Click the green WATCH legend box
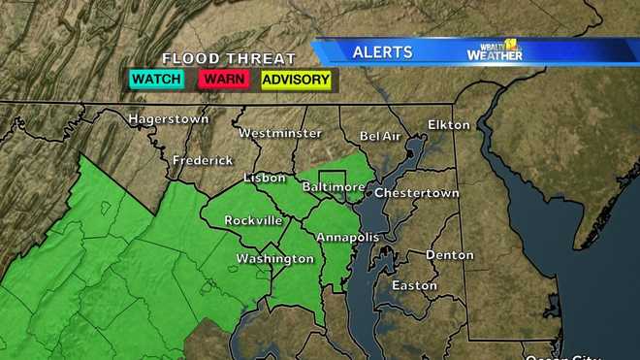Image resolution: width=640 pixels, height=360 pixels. pos(157,80)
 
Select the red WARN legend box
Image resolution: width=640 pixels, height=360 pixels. pos(225,80)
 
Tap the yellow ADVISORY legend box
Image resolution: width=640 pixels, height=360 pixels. pos(296,80)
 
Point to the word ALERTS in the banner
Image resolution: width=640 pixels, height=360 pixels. pos(382,51)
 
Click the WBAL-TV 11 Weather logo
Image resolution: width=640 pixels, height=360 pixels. pos(495,50)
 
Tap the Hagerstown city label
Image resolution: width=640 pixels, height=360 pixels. pos(170,119)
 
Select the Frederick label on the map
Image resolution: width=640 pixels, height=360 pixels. pos(203,160)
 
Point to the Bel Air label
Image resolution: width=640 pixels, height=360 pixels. pos(380,137)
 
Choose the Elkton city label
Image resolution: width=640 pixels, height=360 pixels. pos(449,125)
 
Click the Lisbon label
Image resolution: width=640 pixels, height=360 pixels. pos(265,178)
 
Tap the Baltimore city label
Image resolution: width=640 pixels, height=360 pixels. pos(334,185)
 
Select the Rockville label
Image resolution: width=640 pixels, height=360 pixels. pos(252,220)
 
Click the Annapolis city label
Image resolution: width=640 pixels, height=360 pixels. pos(344,236)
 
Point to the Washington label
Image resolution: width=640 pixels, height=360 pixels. pos(275,259)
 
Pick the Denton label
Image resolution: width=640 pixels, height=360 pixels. pos(450,254)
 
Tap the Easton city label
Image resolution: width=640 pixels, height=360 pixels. pos(414,285)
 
